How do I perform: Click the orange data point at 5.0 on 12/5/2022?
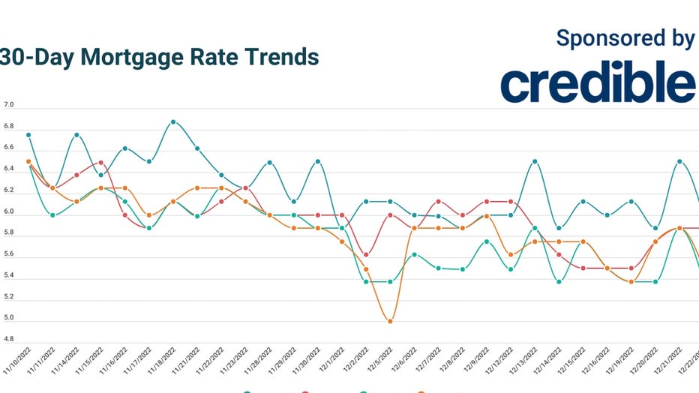(390, 321)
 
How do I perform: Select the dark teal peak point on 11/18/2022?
(173, 121)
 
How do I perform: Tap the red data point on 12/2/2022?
(365, 254)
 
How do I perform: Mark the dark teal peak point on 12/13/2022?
(535, 161)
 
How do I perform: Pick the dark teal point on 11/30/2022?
(318, 161)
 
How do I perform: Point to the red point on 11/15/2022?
(100, 163)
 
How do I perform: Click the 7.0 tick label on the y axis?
(9, 107)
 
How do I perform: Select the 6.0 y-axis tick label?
(9, 214)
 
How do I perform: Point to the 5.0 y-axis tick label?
(9, 321)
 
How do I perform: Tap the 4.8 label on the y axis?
(9, 340)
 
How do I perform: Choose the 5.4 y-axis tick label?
(9, 278)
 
